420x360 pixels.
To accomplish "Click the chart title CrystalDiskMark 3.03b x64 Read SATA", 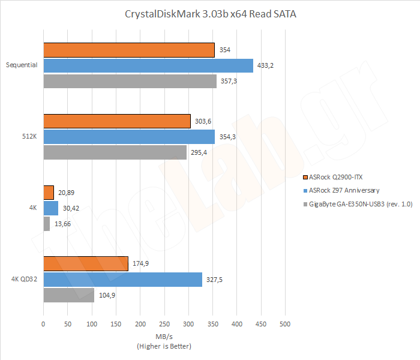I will click(209, 14).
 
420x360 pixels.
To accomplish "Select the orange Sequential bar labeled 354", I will click(128, 50).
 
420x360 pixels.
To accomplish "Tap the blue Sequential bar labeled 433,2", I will click(148, 65).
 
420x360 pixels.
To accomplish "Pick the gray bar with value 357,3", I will click(130, 81).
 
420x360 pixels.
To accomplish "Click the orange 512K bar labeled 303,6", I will click(116, 121).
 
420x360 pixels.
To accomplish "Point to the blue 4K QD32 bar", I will click(122, 279).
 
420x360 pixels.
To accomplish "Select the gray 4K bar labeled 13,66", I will click(47, 224).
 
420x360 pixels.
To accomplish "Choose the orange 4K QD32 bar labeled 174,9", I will click(86, 263).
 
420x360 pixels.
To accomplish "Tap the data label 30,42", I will click(71, 208).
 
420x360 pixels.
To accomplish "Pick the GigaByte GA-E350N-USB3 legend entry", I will click(360, 205).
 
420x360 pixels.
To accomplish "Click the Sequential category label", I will click(22, 65).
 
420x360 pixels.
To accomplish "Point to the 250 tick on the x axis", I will click(164, 324).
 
